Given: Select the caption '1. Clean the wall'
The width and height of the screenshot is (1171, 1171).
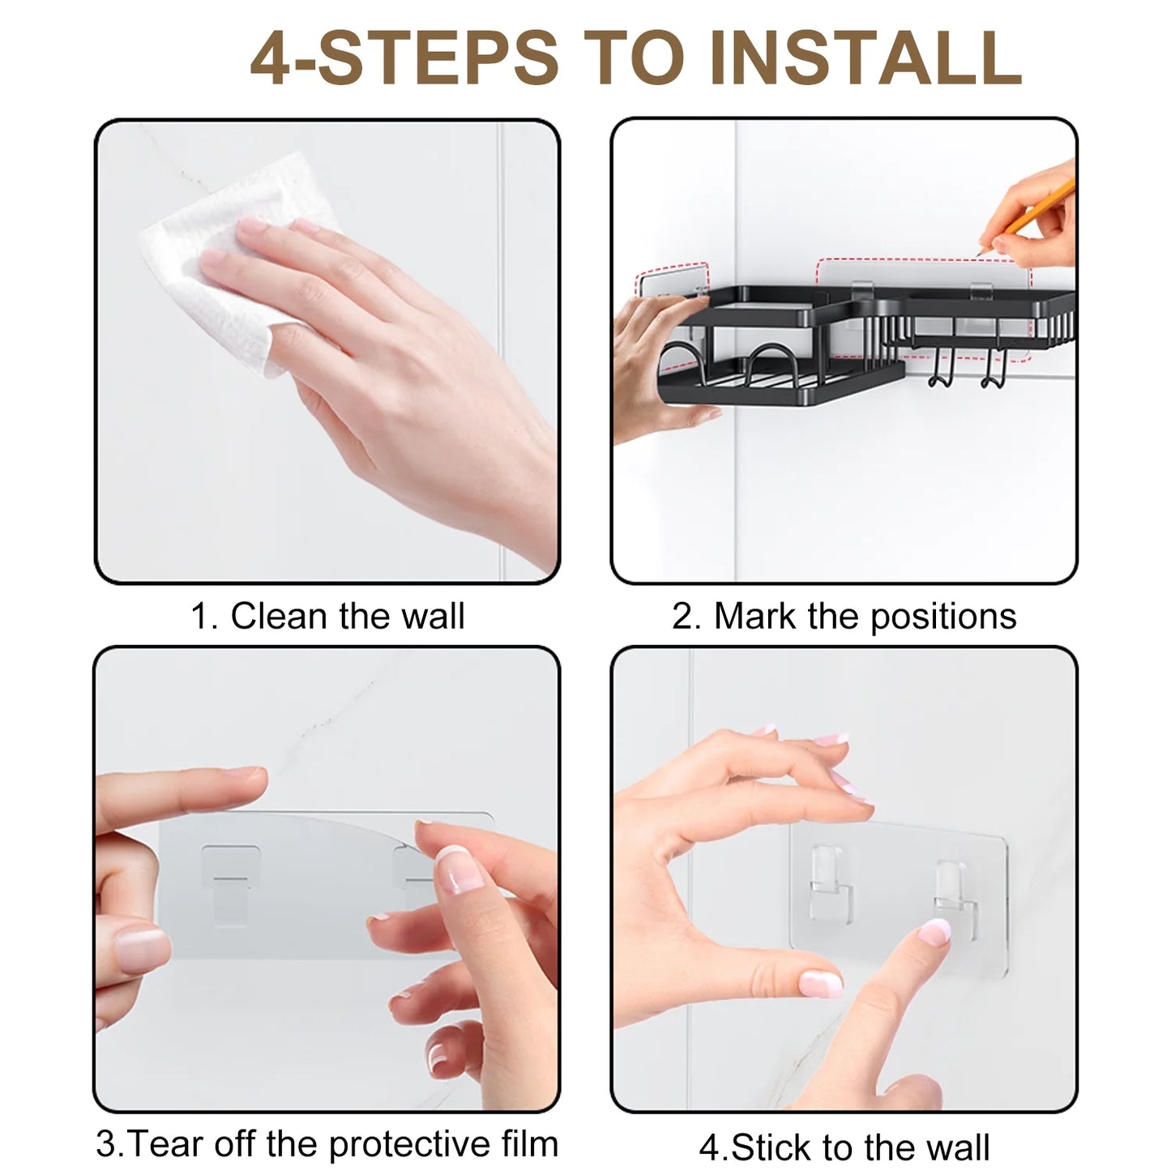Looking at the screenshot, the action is tap(327, 617).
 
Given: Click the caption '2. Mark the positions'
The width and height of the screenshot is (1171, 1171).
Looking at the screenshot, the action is tap(844, 617).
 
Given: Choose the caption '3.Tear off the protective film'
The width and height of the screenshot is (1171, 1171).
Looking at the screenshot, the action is tap(327, 1128).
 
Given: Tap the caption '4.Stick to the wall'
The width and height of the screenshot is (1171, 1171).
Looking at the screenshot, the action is tap(844, 1130).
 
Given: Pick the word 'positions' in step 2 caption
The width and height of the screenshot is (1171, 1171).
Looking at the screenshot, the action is tap(944, 618).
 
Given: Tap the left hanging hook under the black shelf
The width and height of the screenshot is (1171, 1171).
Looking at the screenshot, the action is tap(938, 369).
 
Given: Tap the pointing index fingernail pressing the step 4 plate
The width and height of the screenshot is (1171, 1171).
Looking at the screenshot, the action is tap(934, 931).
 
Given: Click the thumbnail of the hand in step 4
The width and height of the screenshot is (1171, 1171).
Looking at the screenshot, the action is tap(820, 982).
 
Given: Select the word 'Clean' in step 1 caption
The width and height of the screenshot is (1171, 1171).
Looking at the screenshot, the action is tap(280, 617).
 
